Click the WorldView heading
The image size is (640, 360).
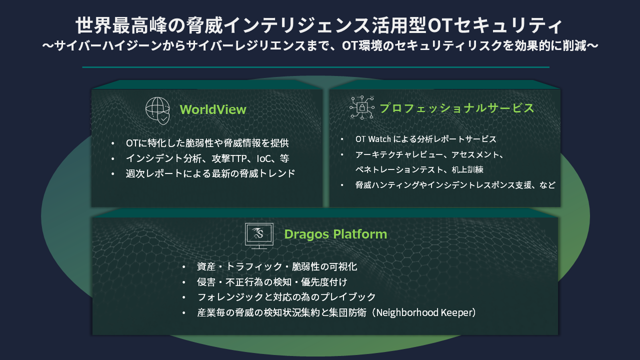pyautogui.click(x=212, y=109)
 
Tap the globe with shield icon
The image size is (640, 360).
pyautogui.click(x=157, y=110)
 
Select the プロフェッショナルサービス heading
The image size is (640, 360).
pyautogui.click(x=456, y=108)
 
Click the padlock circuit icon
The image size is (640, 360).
pyautogui.click(x=361, y=107)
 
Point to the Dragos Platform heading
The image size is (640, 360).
pyautogui.click(x=335, y=234)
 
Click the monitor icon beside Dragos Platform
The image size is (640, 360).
pyautogui.click(x=259, y=235)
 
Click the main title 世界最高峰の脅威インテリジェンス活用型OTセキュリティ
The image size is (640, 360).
pyautogui.click(x=319, y=26)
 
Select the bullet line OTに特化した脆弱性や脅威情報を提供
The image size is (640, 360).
pyautogui.click(x=207, y=143)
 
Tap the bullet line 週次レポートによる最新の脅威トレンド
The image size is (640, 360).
pyautogui.click(x=210, y=173)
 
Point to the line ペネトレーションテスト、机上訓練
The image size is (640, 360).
pyautogui.click(x=419, y=169)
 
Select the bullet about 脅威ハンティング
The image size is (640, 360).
pyautogui.click(x=455, y=185)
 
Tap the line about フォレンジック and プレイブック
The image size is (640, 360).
pyautogui.click(x=286, y=297)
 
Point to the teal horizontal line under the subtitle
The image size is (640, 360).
pyautogui.click(x=315, y=67)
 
